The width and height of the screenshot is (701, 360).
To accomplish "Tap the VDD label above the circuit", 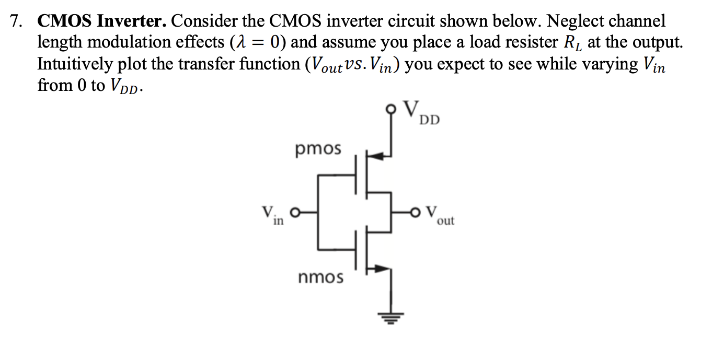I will pyautogui.click(x=422, y=113).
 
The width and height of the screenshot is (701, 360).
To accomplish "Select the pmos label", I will pyautogui.click(x=318, y=149).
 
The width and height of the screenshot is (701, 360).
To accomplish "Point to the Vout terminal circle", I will pyautogui.click(x=417, y=213).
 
